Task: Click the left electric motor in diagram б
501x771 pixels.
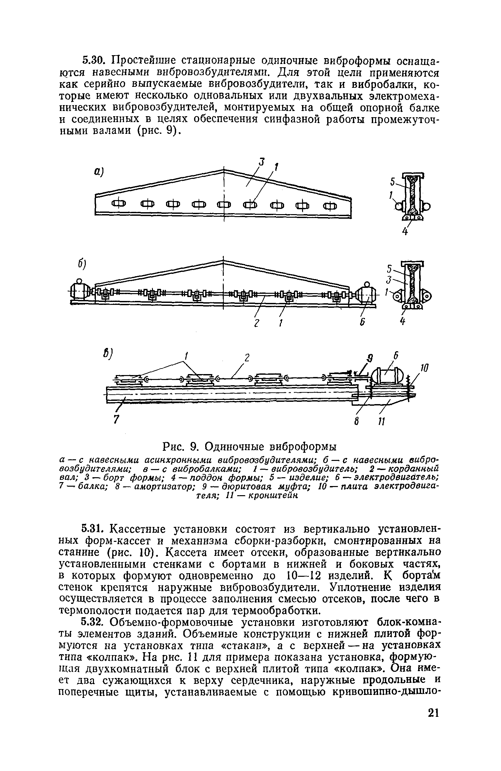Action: pos(79,290)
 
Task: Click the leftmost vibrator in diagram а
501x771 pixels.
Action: pos(119,205)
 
